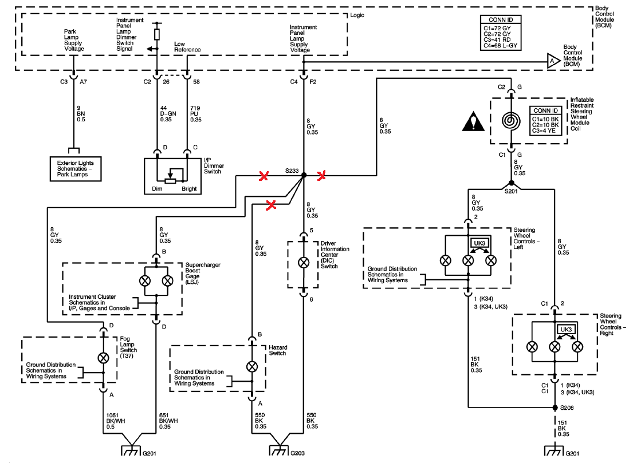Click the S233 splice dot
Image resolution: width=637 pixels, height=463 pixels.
[304, 175]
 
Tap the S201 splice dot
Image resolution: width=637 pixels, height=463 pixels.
[512, 183]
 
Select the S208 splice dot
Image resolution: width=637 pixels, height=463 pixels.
[555, 407]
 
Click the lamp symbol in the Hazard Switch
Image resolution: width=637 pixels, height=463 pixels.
[252, 367]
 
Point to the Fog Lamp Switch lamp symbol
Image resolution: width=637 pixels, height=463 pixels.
[104, 358]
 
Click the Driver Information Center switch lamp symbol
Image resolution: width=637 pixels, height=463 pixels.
[304, 263]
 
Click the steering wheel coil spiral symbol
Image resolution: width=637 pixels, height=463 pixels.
[511, 121]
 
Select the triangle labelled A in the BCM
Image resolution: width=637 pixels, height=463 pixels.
[553, 61]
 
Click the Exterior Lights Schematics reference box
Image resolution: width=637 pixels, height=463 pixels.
[76, 169]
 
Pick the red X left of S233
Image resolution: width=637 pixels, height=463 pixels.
[264, 176]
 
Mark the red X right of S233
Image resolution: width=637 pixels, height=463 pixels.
[321, 176]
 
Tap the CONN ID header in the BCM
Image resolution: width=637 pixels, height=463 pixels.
[501, 19]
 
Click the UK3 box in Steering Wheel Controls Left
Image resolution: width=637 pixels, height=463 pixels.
[479, 243]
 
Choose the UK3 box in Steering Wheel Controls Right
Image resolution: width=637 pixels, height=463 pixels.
[566, 330]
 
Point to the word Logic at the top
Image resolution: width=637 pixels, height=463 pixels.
[357, 15]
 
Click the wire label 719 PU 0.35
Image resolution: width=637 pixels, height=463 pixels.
[196, 114]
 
